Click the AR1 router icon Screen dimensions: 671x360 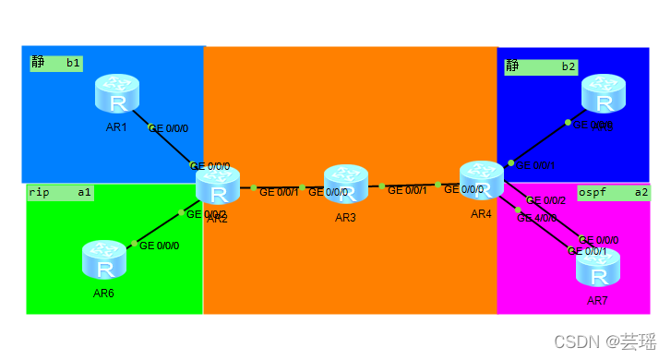coord(117,95)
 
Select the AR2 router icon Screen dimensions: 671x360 coord(218,187)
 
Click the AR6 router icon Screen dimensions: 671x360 coord(104,261)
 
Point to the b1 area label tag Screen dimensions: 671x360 coord(56,64)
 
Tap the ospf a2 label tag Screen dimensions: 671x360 coord(613,192)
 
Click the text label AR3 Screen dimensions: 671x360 coord(346,218)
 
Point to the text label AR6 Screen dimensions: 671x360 coord(103,294)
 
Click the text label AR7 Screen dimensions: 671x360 coord(597,301)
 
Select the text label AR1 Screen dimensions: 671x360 coord(116,126)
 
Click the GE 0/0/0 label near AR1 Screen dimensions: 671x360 coord(169,128)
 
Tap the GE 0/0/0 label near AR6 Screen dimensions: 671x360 coord(159,246)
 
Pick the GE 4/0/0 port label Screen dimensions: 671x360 coord(536,219)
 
